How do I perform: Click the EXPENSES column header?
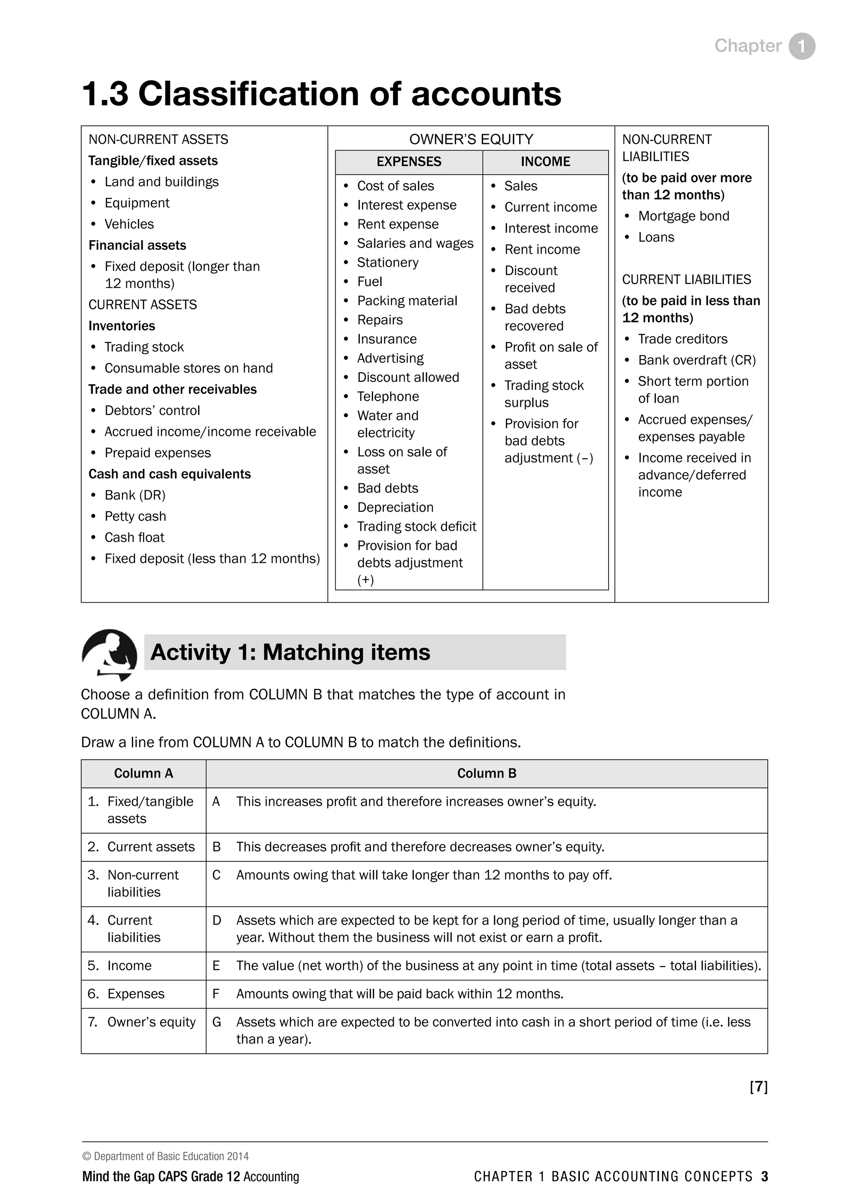(409, 162)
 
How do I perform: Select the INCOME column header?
(545, 162)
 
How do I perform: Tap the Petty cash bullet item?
(135, 516)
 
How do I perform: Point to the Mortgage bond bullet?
(683, 216)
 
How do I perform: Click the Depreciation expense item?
(395, 507)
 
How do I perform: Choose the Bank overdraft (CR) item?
(697, 360)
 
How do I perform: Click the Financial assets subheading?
(137, 246)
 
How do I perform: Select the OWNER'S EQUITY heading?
(471, 139)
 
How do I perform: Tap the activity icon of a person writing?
(109, 654)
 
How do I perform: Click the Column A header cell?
(143, 773)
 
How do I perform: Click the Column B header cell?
(486, 773)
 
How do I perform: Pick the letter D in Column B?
(216, 920)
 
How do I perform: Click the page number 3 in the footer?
(764, 1177)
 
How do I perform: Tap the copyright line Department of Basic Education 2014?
(166, 1157)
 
